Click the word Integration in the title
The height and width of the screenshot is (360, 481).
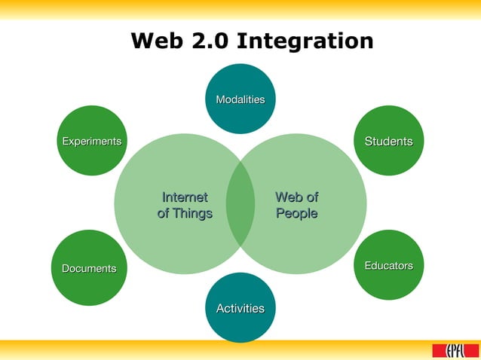click(305, 41)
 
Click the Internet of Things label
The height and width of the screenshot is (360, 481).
click(185, 205)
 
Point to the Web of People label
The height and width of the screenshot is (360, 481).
click(296, 205)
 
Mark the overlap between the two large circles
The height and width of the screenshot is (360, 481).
click(240, 203)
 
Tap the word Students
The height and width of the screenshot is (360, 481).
click(389, 142)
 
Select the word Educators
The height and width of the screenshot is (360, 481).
click(389, 266)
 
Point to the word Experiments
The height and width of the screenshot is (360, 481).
click(91, 141)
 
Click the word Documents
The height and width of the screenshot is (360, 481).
click(89, 268)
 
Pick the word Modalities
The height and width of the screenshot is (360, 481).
click(240, 99)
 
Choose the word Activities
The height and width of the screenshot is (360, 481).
click(240, 308)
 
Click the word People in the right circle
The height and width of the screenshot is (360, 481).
click(296, 213)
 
